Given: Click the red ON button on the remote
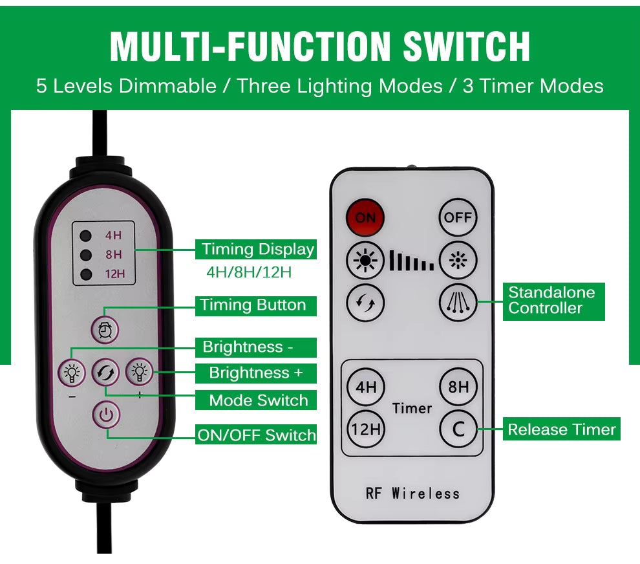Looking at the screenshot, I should (x=365, y=217).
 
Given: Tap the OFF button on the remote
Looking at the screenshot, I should (x=458, y=217).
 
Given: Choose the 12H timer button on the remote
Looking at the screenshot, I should (x=366, y=428).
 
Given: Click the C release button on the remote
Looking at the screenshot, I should (x=458, y=428).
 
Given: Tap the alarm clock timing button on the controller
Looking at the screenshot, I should (x=105, y=330).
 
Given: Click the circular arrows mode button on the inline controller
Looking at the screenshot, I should (x=105, y=373).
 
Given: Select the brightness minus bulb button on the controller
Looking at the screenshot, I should (x=72, y=373).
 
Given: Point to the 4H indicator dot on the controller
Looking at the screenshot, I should (x=85, y=235).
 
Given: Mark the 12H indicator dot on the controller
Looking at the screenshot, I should (x=85, y=274).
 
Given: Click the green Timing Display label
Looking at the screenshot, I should (x=257, y=250).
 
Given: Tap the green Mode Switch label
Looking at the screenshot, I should (x=257, y=400).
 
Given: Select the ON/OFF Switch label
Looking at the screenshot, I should (x=257, y=435).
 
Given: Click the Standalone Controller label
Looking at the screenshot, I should (x=554, y=301).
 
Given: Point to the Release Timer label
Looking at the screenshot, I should (x=561, y=429).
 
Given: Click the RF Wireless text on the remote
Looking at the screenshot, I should (x=412, y=493).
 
